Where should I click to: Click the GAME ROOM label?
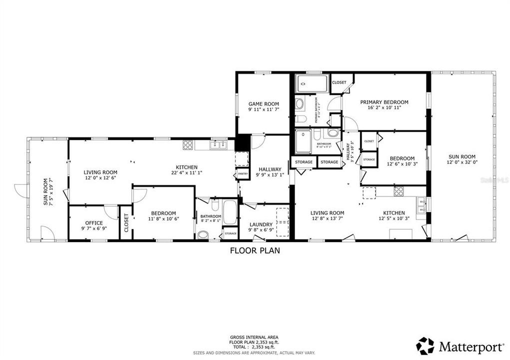(263, 104)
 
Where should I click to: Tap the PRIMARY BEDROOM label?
(384, 102)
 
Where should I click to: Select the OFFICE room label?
(94, 223)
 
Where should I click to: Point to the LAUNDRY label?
(261, 224)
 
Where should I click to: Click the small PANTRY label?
(243, 174)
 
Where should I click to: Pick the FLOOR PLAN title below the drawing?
(254, 251)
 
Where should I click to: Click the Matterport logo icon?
(425, 346)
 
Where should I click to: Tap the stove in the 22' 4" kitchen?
(188, 145)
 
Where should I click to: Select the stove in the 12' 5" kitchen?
(398, 191)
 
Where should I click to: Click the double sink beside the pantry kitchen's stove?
(218, 145)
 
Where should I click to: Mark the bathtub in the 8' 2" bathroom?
(230, 212)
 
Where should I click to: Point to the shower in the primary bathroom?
(312, 83)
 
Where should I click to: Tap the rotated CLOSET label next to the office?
(126, 222)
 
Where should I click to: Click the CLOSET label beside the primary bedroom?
(339, 82)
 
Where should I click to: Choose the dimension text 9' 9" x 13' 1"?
(269, 174)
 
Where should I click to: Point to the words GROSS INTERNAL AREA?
(254, 337)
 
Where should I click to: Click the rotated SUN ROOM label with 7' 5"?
(45, 191)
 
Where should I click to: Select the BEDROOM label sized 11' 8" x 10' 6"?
(163, 213)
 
